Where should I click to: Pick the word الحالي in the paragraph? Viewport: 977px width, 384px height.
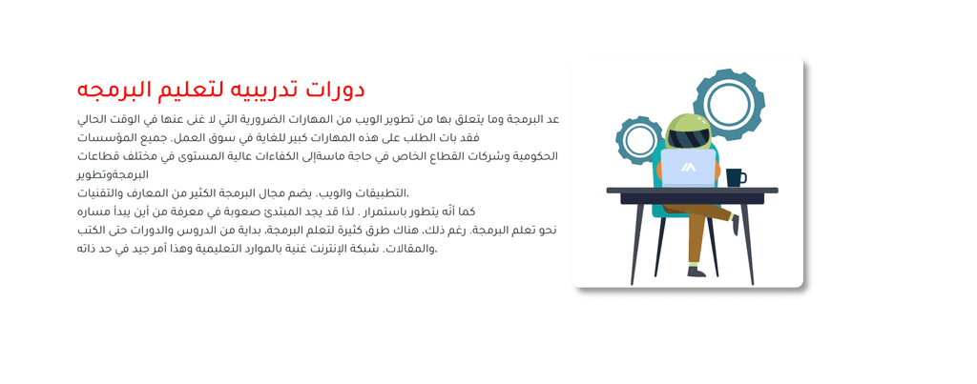(93, 119)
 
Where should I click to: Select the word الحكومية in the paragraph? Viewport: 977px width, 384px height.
(534, 156)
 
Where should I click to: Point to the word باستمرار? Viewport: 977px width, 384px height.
(396, 212)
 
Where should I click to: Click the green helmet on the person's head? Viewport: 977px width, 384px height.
(689, 131)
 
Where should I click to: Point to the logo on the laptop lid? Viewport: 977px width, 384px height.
(688, 167)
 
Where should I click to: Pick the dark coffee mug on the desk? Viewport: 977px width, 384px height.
(736, 177)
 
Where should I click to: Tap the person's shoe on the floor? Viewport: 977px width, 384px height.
(696, 272)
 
